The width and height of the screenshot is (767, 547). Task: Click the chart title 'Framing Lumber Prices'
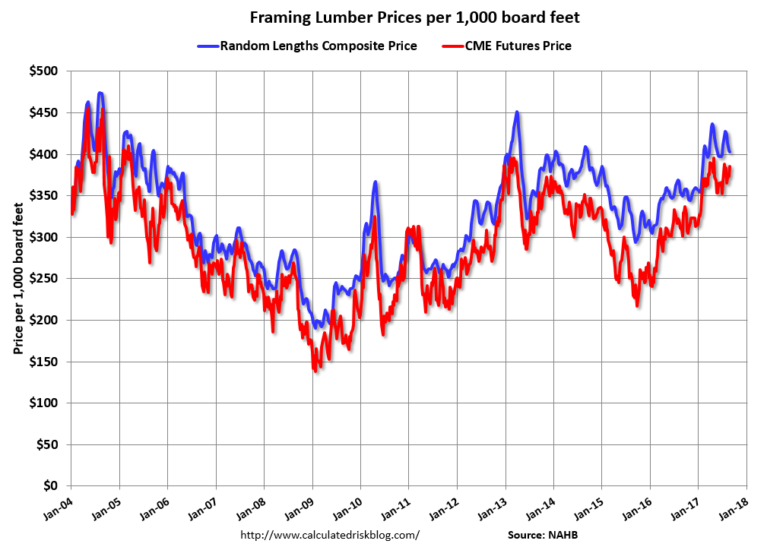click(415, 17)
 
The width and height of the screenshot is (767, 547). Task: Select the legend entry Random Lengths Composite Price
click(319, 46)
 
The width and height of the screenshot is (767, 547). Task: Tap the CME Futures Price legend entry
click(517, 46)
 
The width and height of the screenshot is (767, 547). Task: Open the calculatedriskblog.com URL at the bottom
click(330, 535)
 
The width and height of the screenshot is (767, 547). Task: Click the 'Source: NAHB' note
click(544, 535)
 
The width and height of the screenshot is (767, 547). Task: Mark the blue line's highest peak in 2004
click(100, 93)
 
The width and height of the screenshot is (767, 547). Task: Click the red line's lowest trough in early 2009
click(314, 371)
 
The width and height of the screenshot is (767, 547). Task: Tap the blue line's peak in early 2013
click(517, 112)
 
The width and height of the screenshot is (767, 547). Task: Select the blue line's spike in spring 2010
click(376, 182)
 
